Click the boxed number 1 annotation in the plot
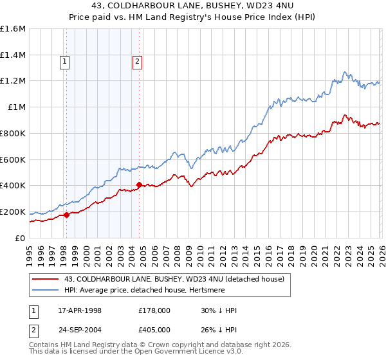(x=66, y=62)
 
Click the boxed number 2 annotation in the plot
(x=138, y=62)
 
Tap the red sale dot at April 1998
(x=67, y=215)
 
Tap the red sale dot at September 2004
(x=140, y=185)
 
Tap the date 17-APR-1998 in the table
(x=88, y=310)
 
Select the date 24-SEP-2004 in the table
(x=88, y=331)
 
